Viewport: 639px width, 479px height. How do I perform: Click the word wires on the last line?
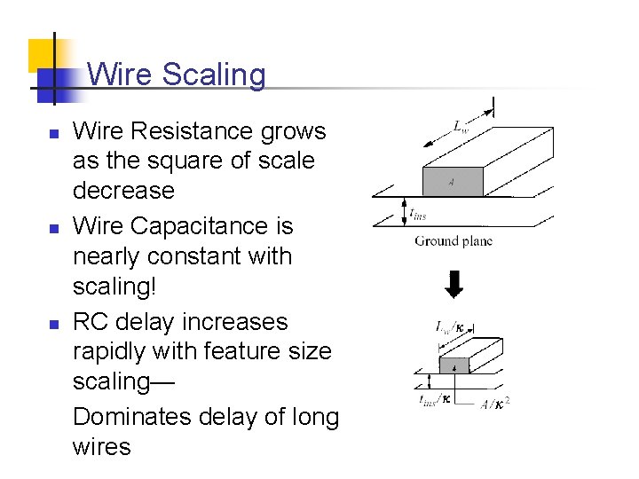pos(102,446)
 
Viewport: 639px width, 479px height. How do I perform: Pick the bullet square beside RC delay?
pos(53,325)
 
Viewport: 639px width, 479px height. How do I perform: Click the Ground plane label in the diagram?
pos(453,240)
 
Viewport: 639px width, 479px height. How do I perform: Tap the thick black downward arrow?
pos(454,285)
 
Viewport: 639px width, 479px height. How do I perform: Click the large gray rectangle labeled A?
pos(452,182)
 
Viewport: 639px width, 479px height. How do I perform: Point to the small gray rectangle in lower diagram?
pos(454,365)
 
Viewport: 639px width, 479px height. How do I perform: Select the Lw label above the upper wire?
pos(461,127)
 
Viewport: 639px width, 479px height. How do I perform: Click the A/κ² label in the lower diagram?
pos(495,403)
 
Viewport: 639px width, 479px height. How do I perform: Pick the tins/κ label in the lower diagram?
pos(435,398)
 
